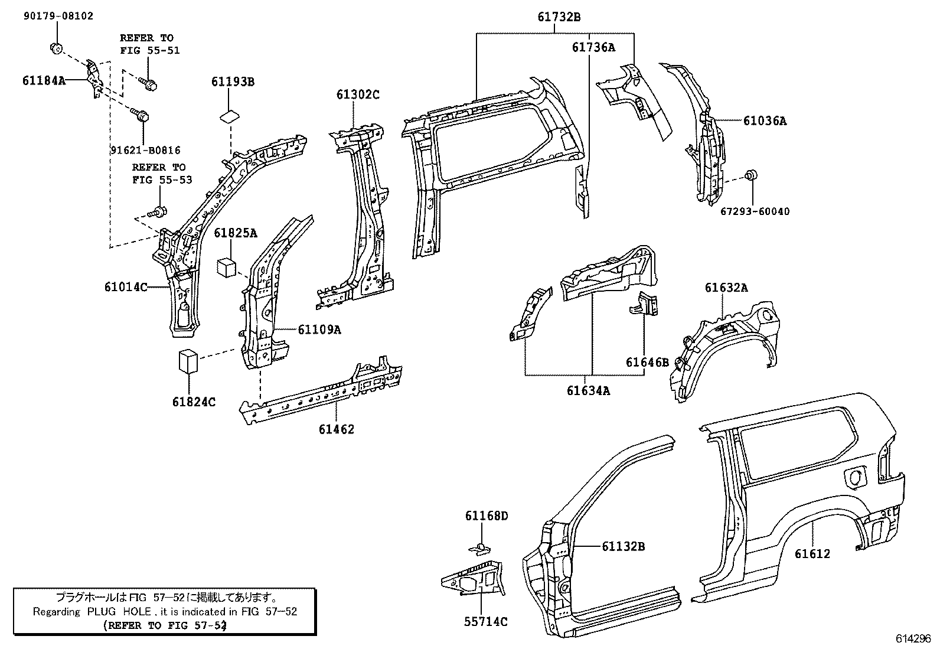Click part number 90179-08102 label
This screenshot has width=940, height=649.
58,16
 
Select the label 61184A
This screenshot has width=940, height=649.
44,81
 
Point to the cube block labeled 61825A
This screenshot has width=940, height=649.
227,266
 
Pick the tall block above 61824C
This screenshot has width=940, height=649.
187,361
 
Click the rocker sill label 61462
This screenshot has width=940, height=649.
337,429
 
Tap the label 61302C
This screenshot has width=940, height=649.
358,94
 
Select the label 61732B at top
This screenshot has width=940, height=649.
559,17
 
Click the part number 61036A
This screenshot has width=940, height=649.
765,121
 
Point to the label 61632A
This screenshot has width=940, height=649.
726,288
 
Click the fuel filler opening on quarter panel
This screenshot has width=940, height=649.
858,477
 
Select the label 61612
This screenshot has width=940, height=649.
812,554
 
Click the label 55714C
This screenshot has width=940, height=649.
486,621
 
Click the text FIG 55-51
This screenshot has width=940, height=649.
149,50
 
